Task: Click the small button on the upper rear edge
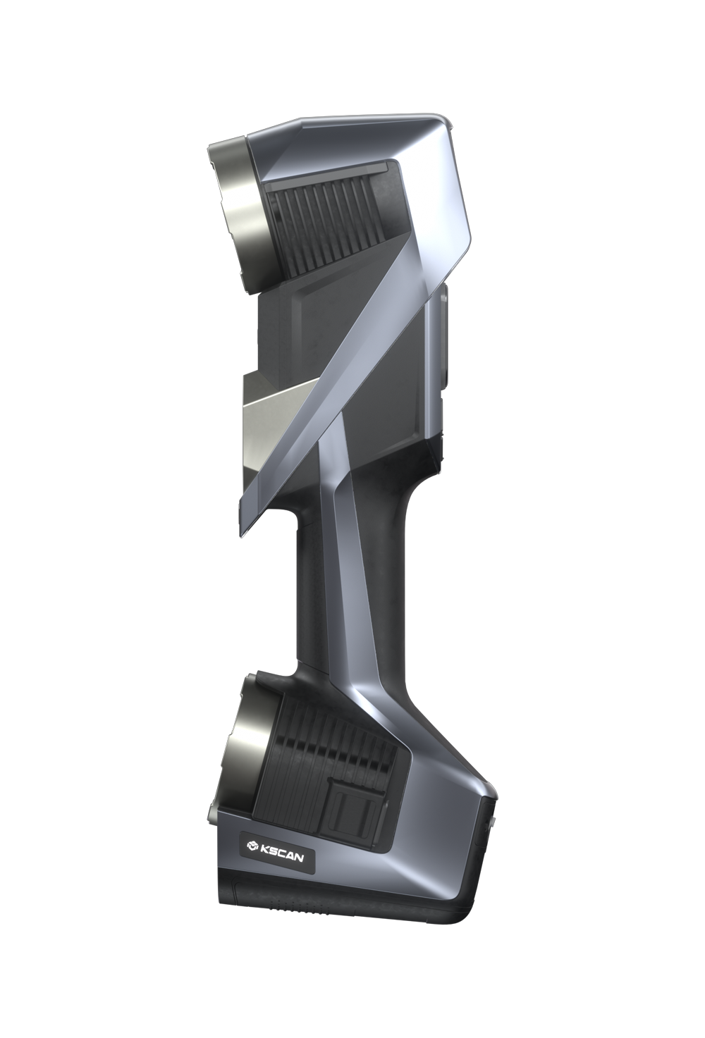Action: coord(443,331)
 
